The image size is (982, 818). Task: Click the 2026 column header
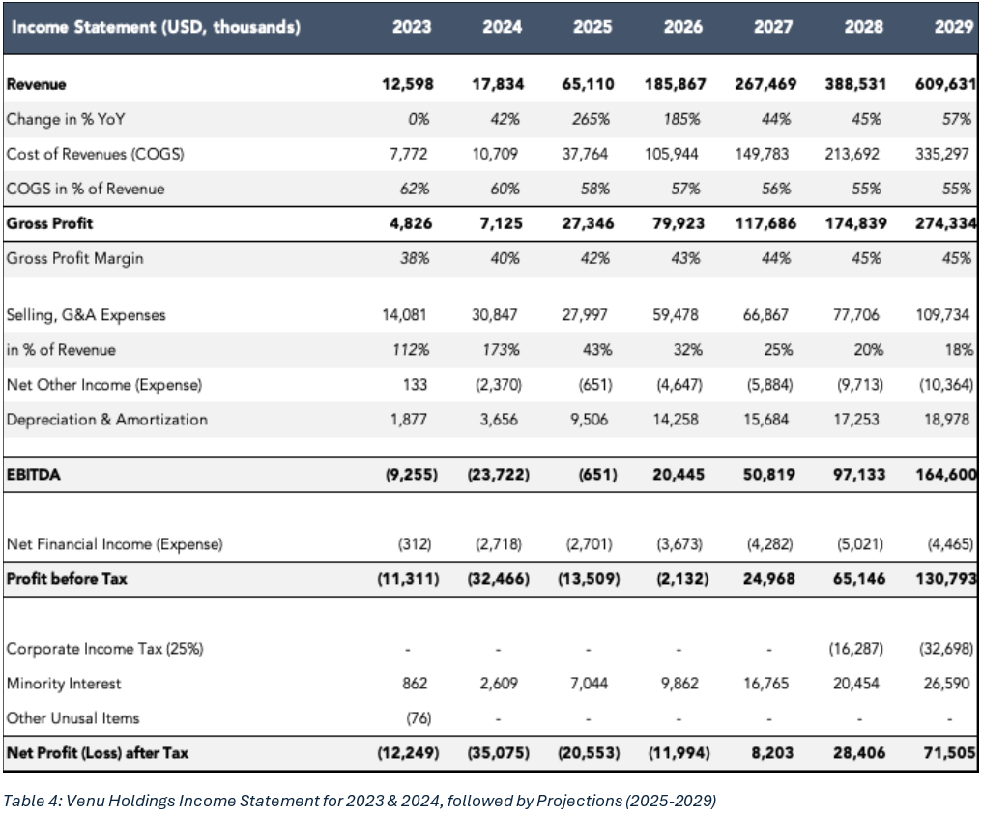[x=682, y=27]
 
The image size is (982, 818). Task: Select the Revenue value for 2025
[x=588, y=84]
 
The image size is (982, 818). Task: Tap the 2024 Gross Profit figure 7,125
[x=501, y=223]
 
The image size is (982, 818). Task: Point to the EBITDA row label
[x=34, y=474]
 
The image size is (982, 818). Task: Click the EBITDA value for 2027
[x=768, y=474]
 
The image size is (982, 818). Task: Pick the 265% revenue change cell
[x=591, y=119]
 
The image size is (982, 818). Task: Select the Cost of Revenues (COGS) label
[x=95, y=154]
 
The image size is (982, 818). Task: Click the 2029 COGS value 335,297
[x=942, y=154]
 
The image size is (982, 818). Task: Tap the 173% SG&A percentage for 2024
[x=501, y=349]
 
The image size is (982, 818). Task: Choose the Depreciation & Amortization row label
[x=107, y=419]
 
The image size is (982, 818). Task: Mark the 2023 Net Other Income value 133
[x=416, y=384]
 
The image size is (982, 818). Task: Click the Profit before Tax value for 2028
[x=858, y=579]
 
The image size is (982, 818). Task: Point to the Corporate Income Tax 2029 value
[x=946, y=648]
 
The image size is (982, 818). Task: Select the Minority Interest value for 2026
[x=679, y=684]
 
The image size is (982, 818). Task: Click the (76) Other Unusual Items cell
[x=419, y=717]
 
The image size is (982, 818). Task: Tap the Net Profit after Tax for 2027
[x=772, y=753]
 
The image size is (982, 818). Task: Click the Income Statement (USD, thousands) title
[x=156, y=27]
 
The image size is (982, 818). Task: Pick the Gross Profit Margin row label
[x=75, y=259]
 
